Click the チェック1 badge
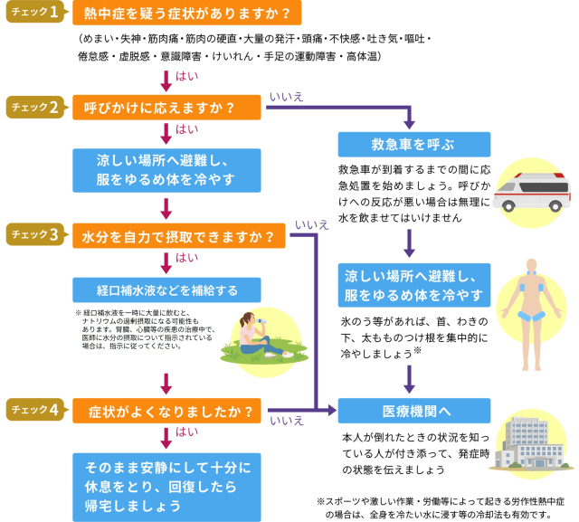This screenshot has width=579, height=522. [x=35, y=14]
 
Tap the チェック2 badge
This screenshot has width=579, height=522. [x=35, y=108]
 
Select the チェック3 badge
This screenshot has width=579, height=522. [x=35, y=235]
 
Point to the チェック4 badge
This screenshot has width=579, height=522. [x=35, y=409]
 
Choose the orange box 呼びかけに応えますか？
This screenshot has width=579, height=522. [x=168, y=108]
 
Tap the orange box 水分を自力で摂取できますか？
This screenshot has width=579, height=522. [x=181, y=236]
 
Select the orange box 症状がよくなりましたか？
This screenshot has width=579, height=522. [x=168, y=410]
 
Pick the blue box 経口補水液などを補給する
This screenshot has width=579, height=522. [x=168, y=290]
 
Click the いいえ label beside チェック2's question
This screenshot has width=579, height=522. [x=287, y=95]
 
